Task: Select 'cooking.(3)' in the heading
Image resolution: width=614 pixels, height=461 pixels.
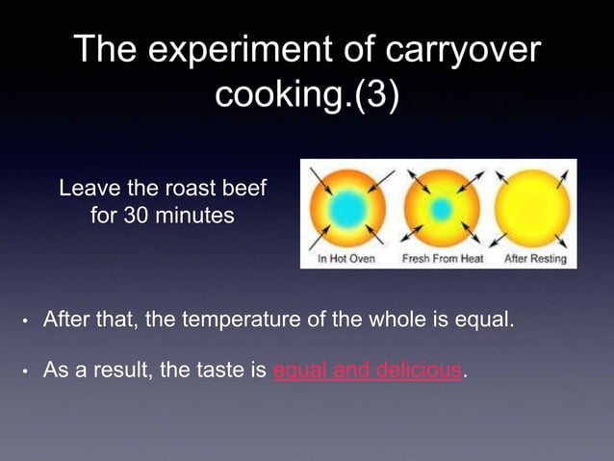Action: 306,97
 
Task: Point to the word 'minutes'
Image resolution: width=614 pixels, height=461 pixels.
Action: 193,216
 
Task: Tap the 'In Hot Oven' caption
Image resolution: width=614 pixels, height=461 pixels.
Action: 346,259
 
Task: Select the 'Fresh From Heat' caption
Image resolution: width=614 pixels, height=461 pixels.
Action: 442,259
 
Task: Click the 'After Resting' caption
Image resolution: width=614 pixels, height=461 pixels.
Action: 531,259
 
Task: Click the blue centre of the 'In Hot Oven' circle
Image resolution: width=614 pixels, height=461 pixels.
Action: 344,208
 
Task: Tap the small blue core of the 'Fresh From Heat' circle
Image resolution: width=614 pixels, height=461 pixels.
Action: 441,208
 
